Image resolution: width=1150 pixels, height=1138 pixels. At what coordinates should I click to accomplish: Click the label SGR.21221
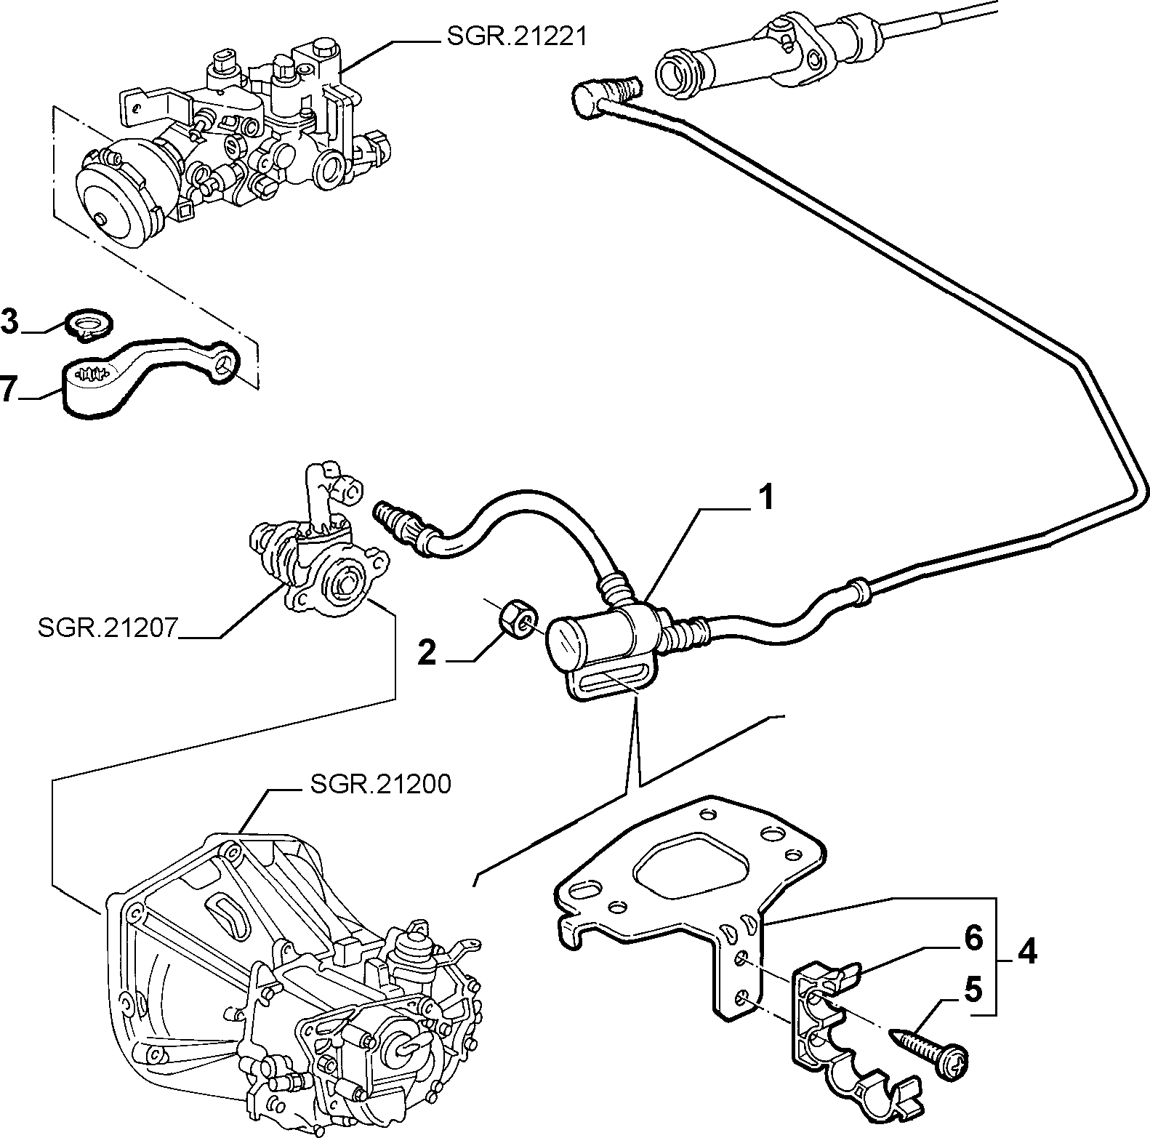coord(515,36)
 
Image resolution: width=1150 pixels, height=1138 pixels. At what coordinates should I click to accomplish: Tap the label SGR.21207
coord(108,627)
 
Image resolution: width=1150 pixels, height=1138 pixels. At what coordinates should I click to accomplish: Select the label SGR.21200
coord(381,784)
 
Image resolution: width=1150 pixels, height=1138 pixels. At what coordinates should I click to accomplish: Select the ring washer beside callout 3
coord(89,324)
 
